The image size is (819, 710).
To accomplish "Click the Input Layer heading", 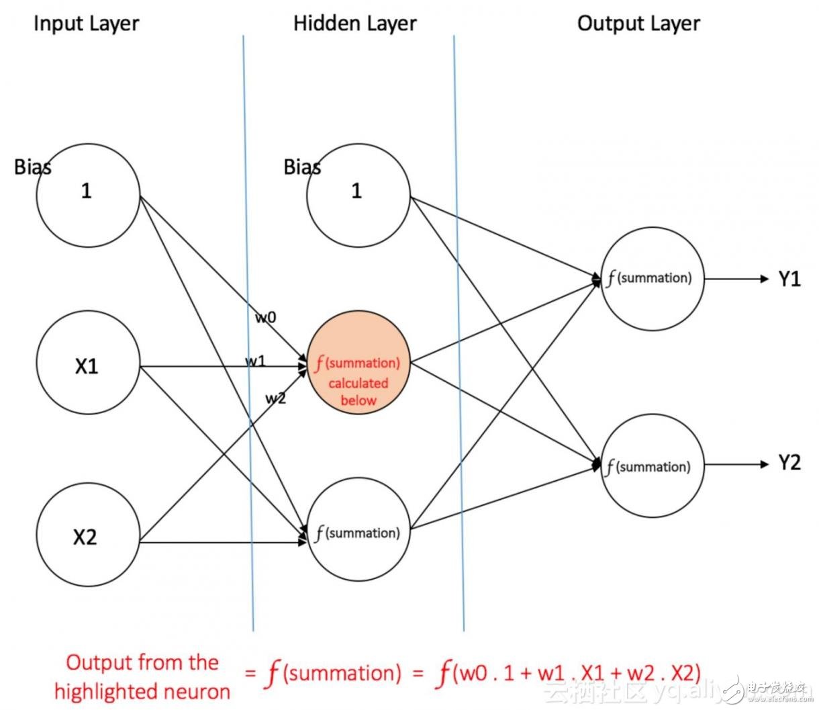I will point(86,24).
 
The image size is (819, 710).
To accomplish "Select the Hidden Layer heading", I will point(354,24).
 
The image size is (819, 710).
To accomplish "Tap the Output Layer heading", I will point(638,24).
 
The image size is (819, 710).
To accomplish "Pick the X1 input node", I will point(87,366).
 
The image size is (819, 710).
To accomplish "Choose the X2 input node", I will point(87,536).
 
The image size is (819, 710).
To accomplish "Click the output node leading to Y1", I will point(652,279).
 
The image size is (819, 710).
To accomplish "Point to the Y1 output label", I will point(789,279).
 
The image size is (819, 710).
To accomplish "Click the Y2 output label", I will point(789,463).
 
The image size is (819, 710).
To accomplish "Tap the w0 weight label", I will point(266,317).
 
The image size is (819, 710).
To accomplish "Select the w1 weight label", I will point(255,361).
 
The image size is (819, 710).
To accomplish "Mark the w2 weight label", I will point(275,398).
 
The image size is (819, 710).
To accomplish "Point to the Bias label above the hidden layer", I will point(302,167).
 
